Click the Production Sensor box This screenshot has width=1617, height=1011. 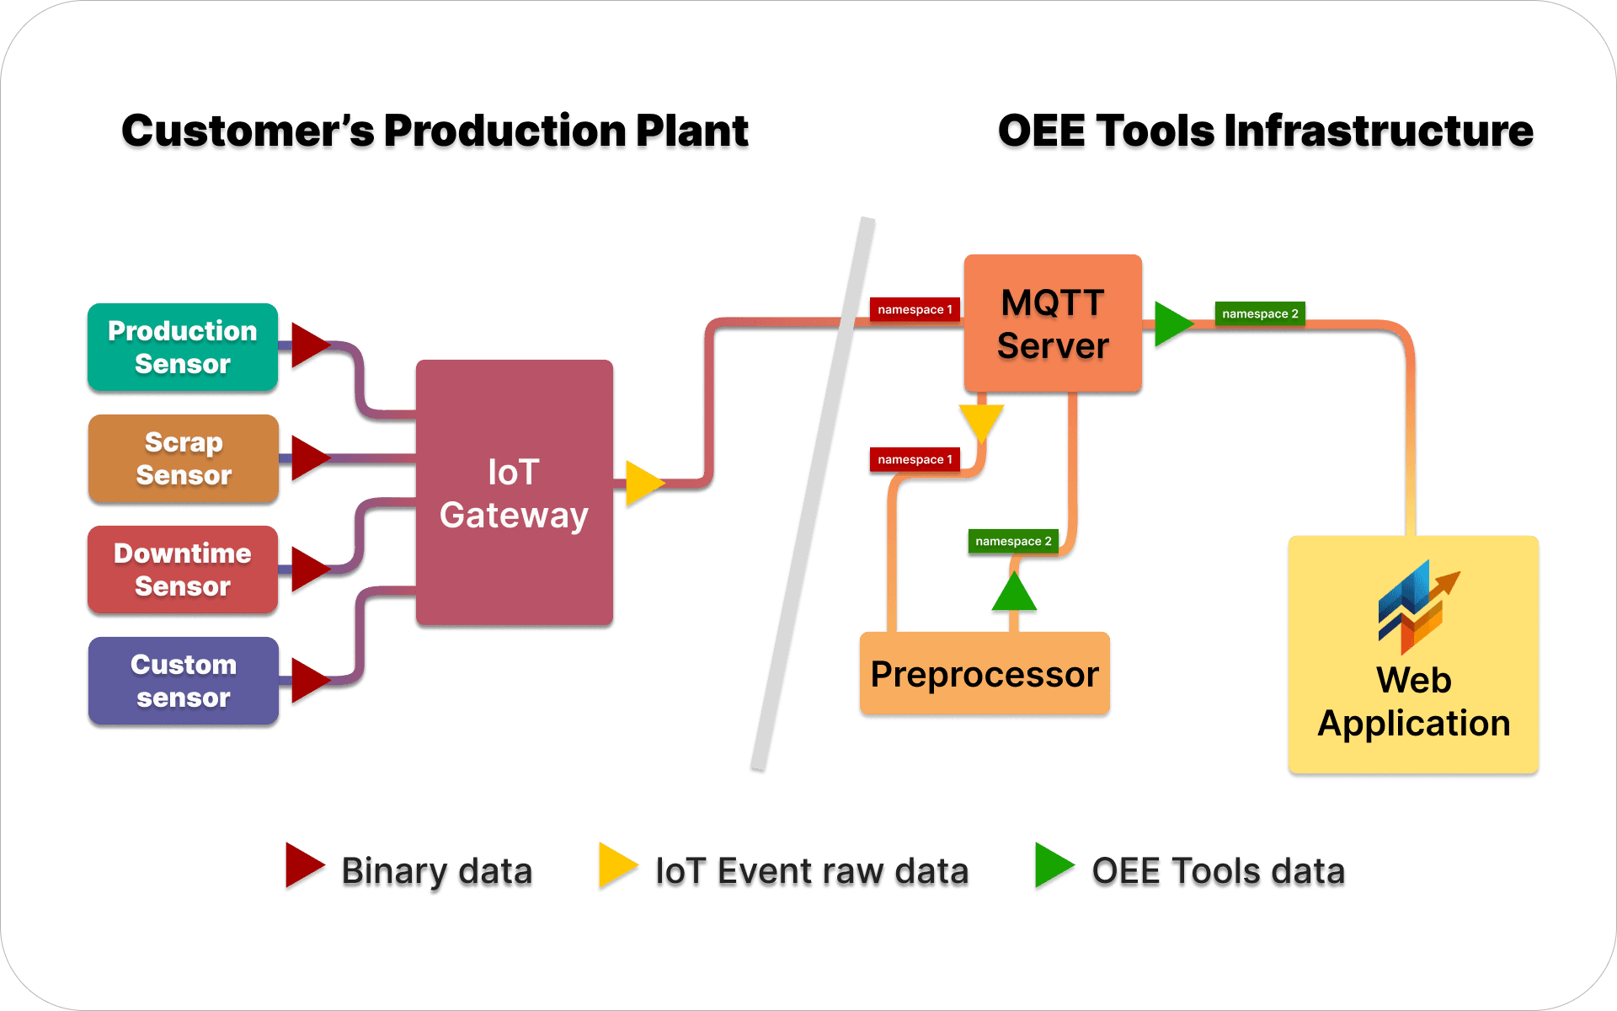183,347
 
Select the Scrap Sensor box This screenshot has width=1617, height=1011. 183,458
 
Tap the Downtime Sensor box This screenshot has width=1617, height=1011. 183,570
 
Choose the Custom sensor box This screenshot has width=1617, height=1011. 183,681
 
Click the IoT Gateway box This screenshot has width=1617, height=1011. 514,493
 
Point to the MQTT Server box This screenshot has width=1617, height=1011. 1053,324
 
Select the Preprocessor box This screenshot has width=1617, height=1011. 985,674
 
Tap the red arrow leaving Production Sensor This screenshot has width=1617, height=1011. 307,345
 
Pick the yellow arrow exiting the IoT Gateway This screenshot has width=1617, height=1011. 643,484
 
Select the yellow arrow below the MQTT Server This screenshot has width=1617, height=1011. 981,420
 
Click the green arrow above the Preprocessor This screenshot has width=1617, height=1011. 1014,594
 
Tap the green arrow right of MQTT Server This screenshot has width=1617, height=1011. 1171,324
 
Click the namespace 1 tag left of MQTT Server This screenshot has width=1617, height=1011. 915,309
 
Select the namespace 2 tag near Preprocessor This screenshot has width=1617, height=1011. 1013,541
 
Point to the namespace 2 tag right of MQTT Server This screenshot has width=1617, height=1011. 1260,313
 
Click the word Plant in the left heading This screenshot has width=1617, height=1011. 692,133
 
